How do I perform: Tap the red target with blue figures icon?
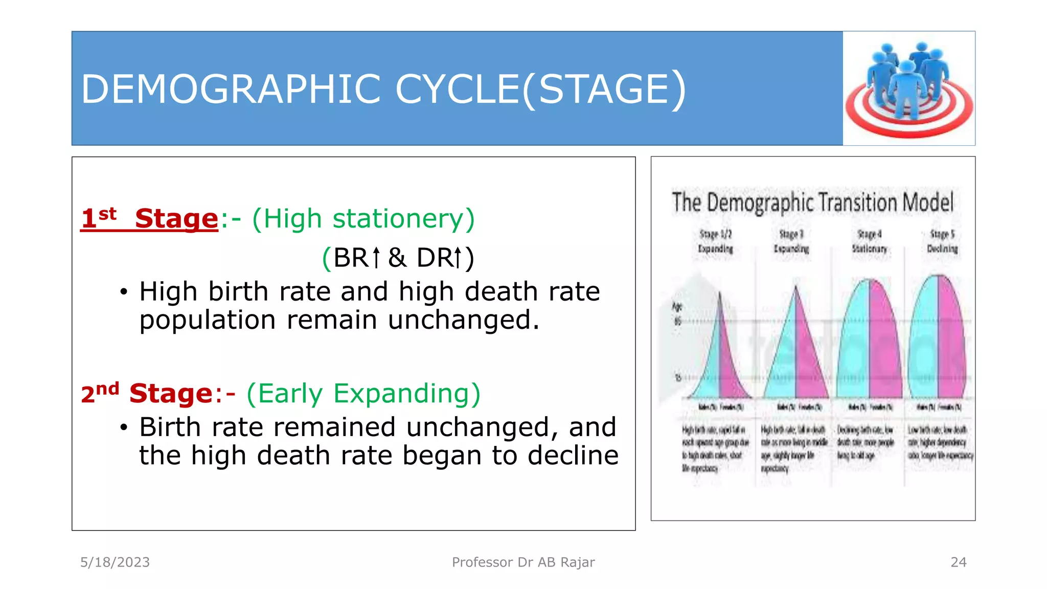click(x=908, y=89)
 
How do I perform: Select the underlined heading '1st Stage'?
click(x=149, y=219)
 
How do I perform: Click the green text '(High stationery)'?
click(x=363, y=219)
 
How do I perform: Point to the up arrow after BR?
click(x=376, y=258)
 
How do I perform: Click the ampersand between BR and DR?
click(x=397, y=258)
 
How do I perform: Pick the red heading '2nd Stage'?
click(x=146, y=394)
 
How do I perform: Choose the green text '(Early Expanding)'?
click(x=363, y=394)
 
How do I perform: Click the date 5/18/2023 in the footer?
click(x=115, y=562)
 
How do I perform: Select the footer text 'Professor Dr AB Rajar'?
click(x=523, y=562)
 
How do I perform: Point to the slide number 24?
click(x=958, y=562)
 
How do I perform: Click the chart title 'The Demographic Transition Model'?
click(x=812, y=202)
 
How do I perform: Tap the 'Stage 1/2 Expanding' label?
click(x=715, y=241)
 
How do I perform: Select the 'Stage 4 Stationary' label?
click(x=869, y=241)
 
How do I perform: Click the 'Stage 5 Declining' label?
click(x=942, y=241)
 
